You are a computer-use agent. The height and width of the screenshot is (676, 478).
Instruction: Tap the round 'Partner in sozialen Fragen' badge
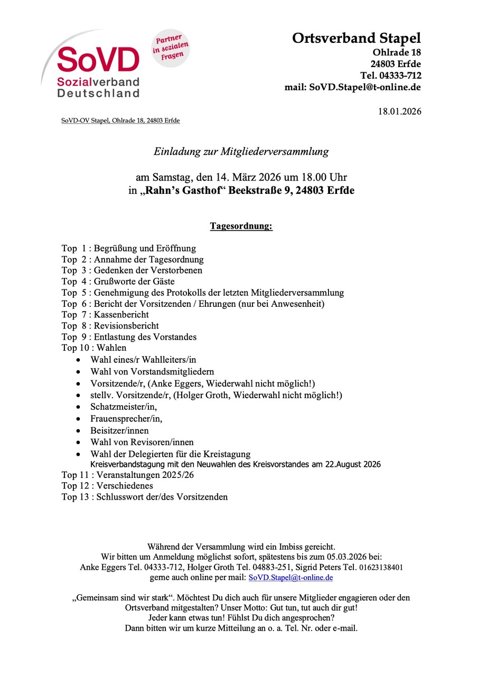tap(171, 48)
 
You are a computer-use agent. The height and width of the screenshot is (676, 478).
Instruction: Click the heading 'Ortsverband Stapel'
tap(357, 38)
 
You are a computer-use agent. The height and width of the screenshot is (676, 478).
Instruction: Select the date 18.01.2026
tap(400, 111)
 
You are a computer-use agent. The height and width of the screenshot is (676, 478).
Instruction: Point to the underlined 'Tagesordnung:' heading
tap(241, 227)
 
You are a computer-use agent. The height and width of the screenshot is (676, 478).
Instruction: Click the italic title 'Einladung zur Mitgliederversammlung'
tap(241, 152)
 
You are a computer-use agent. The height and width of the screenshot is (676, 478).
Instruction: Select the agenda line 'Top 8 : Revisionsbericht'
tap(110, 326)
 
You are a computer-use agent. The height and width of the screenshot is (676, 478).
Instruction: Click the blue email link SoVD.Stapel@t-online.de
tap(290, 578)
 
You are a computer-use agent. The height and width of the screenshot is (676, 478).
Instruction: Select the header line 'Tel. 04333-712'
tap(390, 76)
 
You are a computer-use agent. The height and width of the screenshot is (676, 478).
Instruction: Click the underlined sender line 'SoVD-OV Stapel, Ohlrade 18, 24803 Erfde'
tap(120, 121)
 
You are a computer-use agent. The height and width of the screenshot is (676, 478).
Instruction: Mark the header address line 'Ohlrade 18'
tap(397, 52)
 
